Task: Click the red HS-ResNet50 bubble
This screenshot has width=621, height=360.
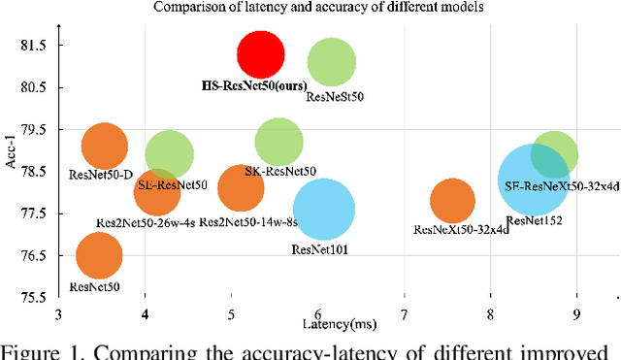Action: (261, 54)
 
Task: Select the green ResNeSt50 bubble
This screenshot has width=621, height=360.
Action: (332, 62)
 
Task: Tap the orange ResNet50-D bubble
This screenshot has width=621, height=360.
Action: (104, 147)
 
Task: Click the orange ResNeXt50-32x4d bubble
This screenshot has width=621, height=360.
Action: (452, 201)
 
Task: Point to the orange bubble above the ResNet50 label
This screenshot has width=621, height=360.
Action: (99, 256)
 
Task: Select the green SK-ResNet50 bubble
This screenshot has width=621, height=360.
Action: (279, 142)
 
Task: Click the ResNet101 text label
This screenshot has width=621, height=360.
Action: (319, 249)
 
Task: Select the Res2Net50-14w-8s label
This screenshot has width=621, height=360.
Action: (247, 222)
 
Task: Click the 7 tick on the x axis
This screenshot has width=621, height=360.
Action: (405, 313)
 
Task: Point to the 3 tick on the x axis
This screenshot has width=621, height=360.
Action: (59, 313)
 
